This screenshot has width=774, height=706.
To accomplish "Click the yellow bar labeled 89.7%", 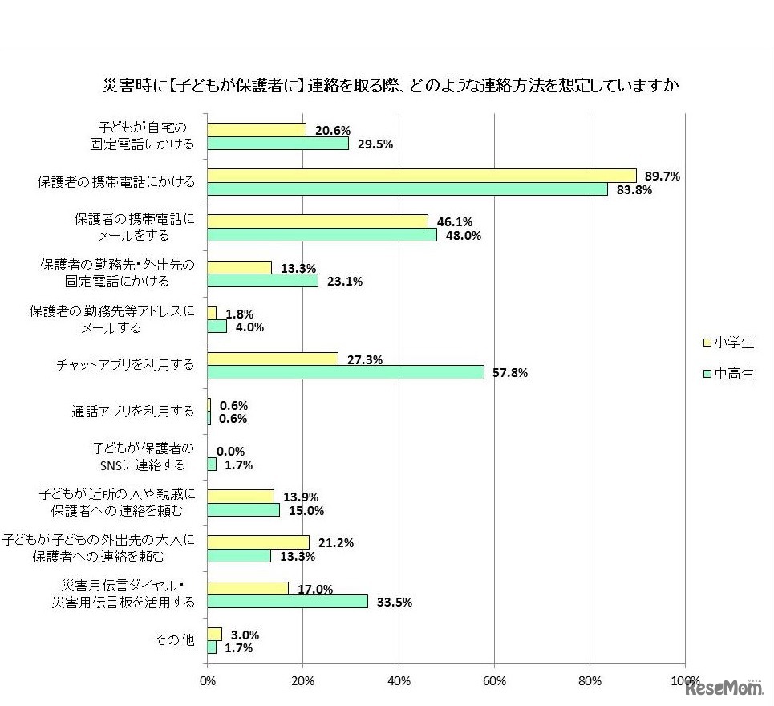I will pos(422,176).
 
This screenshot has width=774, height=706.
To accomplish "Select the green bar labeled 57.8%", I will pos(346,372).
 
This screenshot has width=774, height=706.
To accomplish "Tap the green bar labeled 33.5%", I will pos(288,602).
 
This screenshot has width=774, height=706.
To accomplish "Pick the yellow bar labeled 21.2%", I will pos(258,542).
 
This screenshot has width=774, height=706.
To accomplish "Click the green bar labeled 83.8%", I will pos(407,189).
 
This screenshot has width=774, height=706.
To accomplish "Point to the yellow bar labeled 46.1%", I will pos(318,221).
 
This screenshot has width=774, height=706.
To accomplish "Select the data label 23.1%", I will pos(345,282).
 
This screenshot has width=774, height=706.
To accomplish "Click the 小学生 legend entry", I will pos(728,343).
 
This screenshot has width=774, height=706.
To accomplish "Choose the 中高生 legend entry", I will pos(728,374).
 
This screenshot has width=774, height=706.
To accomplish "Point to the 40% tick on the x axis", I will pos(399,681).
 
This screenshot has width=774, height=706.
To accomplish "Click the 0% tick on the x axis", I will pos(208,681).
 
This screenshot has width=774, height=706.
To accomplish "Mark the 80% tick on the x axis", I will pos(590,681).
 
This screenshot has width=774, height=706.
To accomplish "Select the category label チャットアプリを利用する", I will pos(125,365).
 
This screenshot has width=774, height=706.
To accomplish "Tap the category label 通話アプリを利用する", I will pos(133,411).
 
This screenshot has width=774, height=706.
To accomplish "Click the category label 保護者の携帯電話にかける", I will pos(117,182).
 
